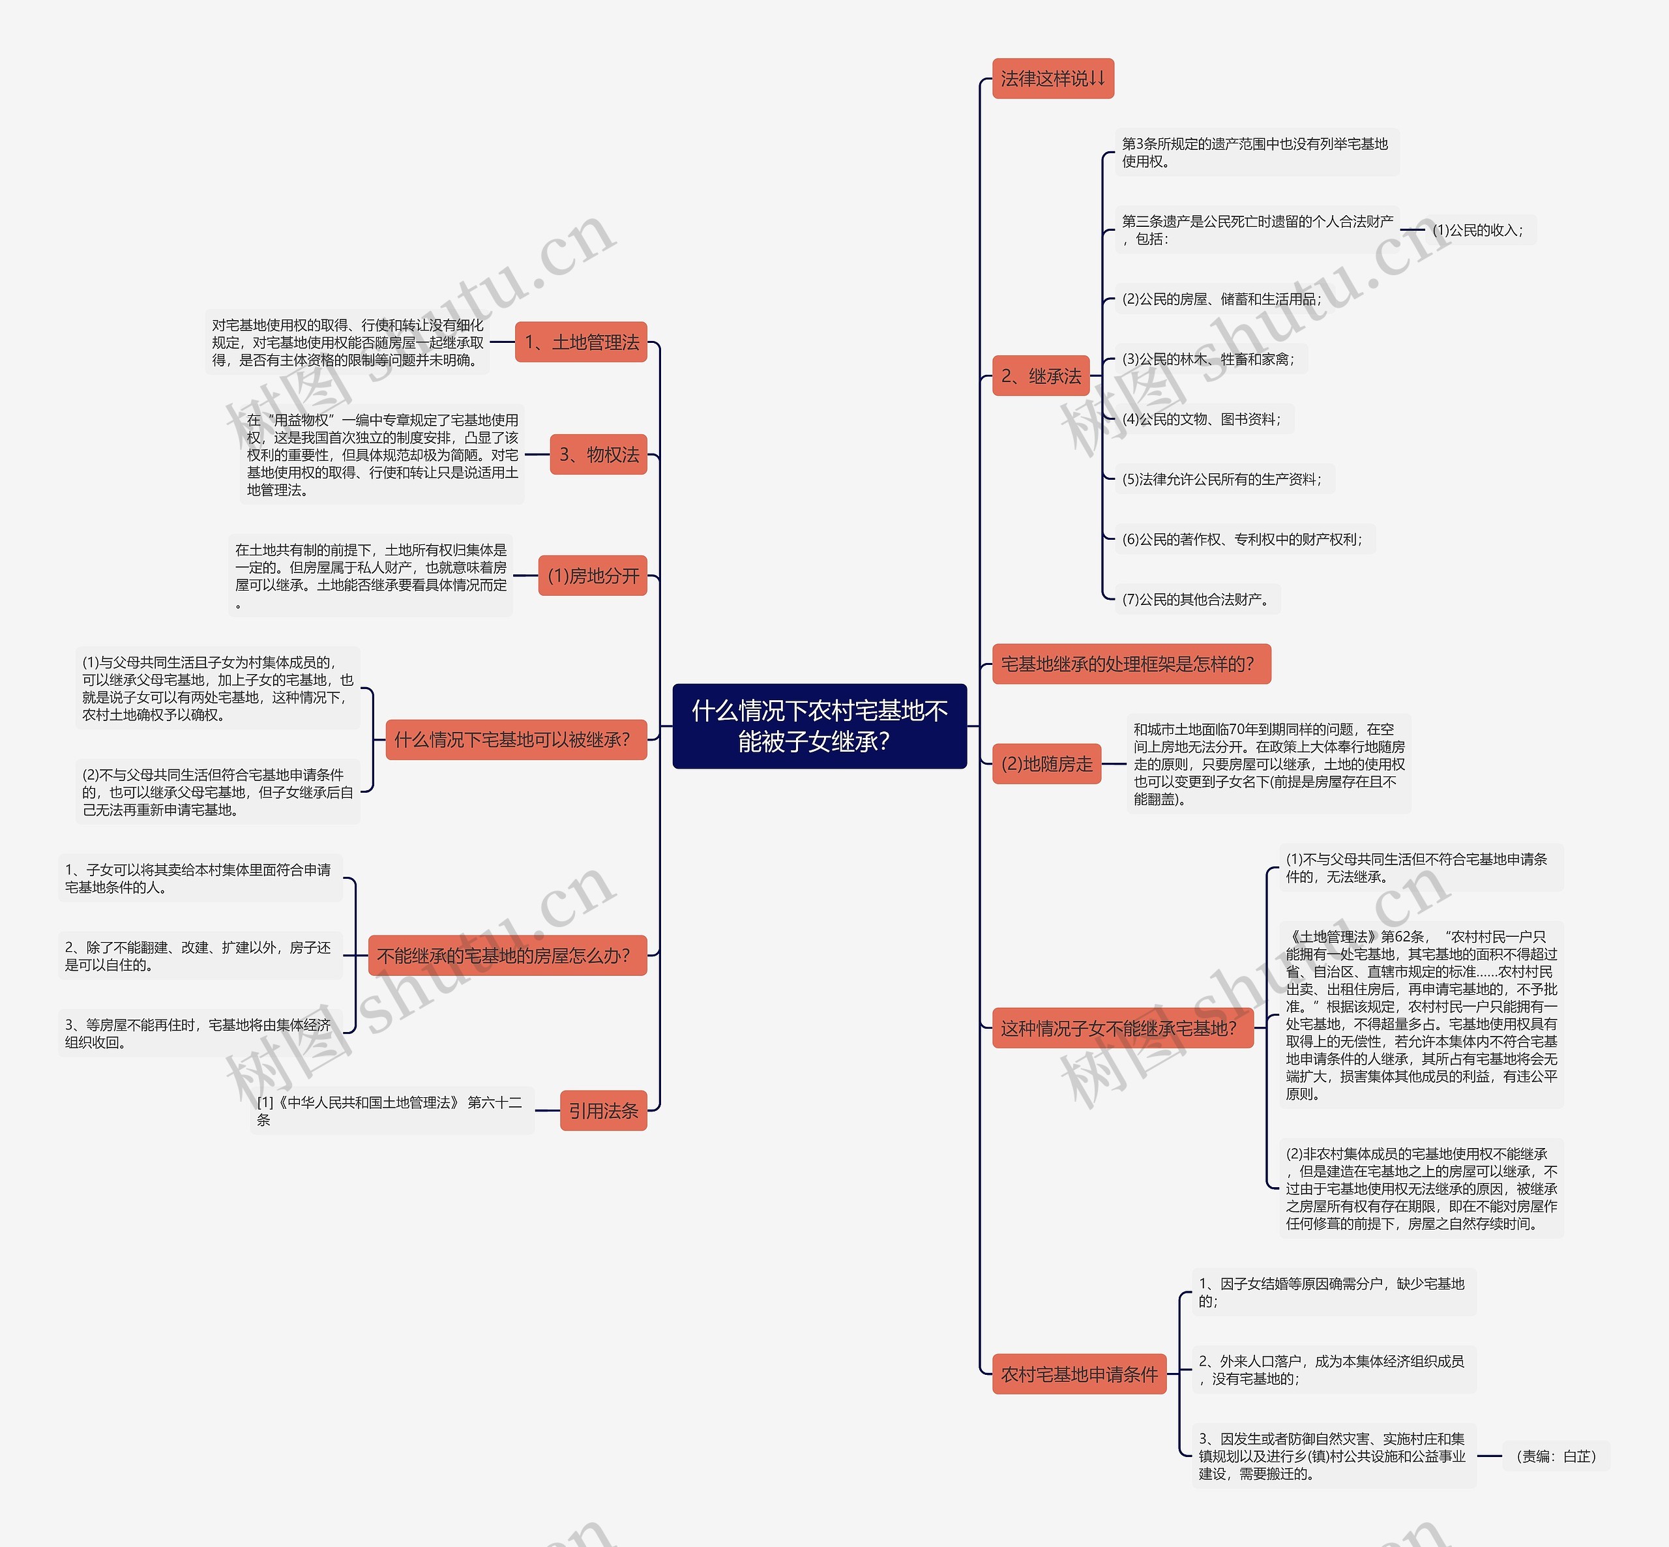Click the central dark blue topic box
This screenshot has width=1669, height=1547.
pyautogui.click(x=820, y=726)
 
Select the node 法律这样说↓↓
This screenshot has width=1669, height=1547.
pyautogui.click(x=1053, y=79)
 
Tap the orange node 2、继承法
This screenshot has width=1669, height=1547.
pyautogui.click(x=1041, y=376)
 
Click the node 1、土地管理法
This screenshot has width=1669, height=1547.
pyautogui.click(x=581, y=342)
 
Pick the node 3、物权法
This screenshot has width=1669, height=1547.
pyautogui.click(x=598, y=454)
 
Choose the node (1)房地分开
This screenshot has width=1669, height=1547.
pyautogui.click(x=593, y=575)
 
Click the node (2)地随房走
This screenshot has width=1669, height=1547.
pyautogui.click(x=1046, y=763)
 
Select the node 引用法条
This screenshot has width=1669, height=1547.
pyautogui.click(x=604, y=1111)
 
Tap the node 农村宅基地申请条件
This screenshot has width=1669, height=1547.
pyautogui.click(x=1079, y=1374)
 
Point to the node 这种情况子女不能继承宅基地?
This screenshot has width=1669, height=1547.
pyautogui.click(x=1123, y=1028)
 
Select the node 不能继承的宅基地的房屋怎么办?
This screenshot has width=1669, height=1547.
pyautogui.click(x=507, y=955)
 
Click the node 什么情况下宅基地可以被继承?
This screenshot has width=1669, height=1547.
pyautogui.click(x=516, y=739)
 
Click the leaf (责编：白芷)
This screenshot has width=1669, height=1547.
pyautogui.click(x=1556, y=1456)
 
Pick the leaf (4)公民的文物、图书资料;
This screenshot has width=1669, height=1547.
pyautogui.click(x=1204, y=419)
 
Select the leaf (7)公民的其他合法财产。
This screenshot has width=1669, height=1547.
pyautogui.click(x=1198, y=598)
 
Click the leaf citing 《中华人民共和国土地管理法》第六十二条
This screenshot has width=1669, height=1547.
pyautogui.click(x=392, y=1111)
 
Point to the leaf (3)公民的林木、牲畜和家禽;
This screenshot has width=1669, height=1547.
pyautogui.click(x=1210, y=359)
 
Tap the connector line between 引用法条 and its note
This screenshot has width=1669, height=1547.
pyautogui.click(x=548, y=1111)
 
